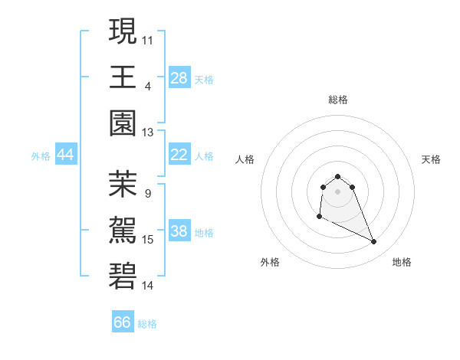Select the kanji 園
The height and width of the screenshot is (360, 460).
pyautogui.click(x=123, y=123)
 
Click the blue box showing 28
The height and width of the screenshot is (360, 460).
pyautogui.click(x=179, y=77)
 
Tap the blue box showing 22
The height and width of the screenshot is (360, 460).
pyautogui.click(x=179, y=155)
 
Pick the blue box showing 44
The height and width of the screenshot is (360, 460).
pyautogui.click(x=66, y=155)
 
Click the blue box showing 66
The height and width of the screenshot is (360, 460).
pyautogui.click(x=123, y=322)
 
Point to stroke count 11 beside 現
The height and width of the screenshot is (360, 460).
pyautogui.click(x=148, y=38)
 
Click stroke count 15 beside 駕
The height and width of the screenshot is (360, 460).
pyautogui.click(x=148, y=240)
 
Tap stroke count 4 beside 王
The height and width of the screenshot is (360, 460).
pyautogui.click(x=148, y=85)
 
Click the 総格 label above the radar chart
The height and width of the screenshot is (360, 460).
pyautogui.click(x=338, y=100)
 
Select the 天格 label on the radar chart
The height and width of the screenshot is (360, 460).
pyautogui.click(x=431, y=159)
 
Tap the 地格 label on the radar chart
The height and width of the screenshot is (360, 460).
pyautogui.click(x=402, y=262)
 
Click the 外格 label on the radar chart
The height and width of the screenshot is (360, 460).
pyautogui.click(x=270, y=262)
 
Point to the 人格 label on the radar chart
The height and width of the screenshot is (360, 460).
pyautogui.click(x=245, y=159)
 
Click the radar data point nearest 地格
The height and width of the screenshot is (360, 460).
pyautogui.click(x=374, y=242)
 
